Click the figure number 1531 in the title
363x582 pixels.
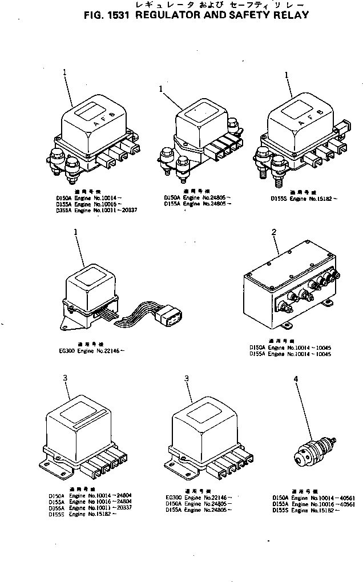tap(118, 15)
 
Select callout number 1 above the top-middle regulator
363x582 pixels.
tap(162, 89)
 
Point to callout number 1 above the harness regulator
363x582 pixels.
tap(75, 232)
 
